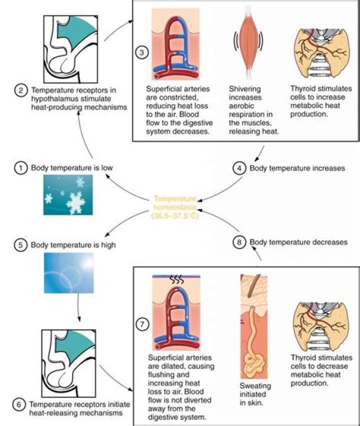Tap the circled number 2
point(21,92)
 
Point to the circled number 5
point(21,246)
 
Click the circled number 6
point(21,404)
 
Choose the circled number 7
point(142,324)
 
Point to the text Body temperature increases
point(297,169)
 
